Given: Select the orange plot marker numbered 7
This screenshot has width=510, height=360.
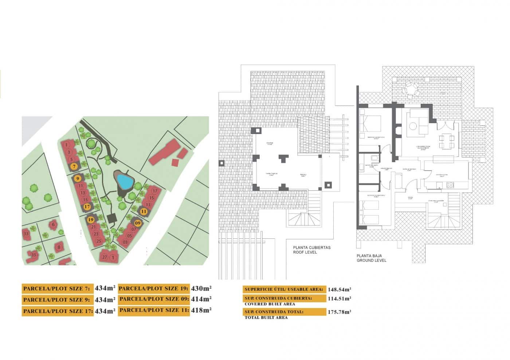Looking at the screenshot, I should pos(74,167).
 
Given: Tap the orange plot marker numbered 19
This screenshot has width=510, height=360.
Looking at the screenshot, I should pos(91,220).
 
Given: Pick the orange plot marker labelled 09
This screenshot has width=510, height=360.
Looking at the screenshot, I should pos(138,223).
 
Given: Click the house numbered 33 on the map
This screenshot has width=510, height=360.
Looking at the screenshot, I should pos(26,234).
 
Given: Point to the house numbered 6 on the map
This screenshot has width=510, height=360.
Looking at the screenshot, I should pos(54,225).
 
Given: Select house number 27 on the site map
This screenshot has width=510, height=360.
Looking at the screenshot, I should pos(105,257).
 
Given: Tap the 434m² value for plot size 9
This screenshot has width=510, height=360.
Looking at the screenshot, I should pos(105,300).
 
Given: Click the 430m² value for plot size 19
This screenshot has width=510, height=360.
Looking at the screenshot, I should pos(201,288).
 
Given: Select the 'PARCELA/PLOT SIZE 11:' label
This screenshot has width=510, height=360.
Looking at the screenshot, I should pos(154,310).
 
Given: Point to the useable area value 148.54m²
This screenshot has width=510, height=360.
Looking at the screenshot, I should pos(339,289).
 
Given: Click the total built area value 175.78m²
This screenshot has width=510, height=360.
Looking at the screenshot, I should pos(339,312).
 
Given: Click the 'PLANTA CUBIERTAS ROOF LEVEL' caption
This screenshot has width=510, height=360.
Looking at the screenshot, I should pos(312,250).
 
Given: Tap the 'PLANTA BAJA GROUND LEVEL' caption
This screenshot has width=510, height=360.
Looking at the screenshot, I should pos(371,258).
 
